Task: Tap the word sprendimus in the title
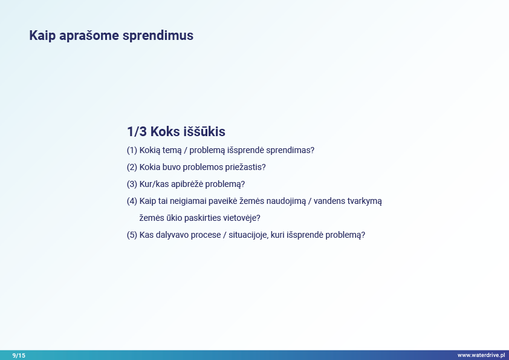click(x=158, y=36)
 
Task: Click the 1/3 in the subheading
click(x=137, y=131)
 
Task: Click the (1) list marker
click(x=132, y=151)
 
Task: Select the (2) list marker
click(x=132, y=168)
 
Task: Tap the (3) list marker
click(x=132, y=184)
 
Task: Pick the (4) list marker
click(x=132, y=201)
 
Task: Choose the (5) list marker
click(x=132, y=235)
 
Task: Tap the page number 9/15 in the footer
click(x=19, y=355)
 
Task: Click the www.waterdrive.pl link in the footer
click(x=481, y=355)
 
